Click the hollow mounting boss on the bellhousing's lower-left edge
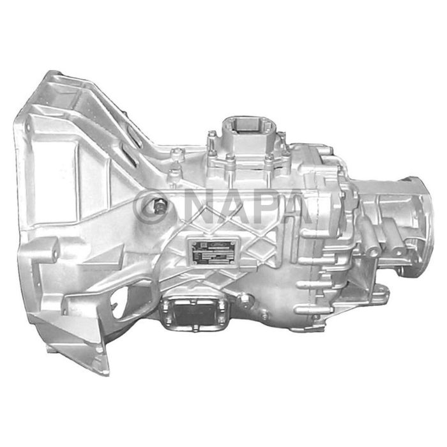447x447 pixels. click(x=49, y=249)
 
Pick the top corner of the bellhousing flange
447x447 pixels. click(x=51, y=77)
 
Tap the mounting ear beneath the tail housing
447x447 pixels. click(x=379, y=293)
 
